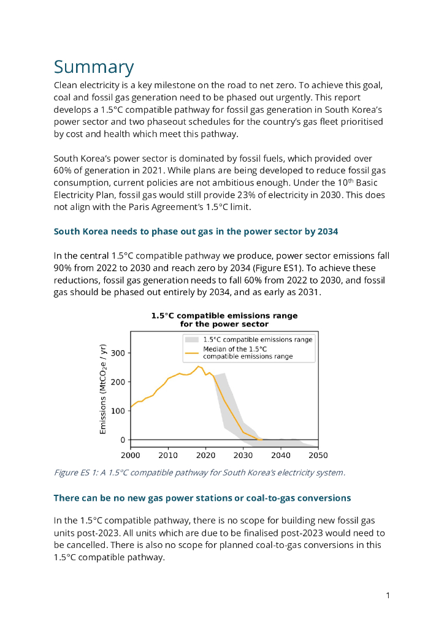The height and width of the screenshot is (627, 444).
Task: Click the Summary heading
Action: [x=94, y=67]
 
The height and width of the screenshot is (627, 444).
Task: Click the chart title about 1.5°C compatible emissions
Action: [x=224, y=320]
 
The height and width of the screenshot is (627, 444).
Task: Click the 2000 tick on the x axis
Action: [x=130, y=456]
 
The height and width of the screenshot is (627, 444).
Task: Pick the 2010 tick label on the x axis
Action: [x=167, y=456]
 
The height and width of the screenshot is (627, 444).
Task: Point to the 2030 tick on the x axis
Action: [x=243, y=456]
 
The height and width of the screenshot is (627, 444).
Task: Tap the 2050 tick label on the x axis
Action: [x=318, y=456]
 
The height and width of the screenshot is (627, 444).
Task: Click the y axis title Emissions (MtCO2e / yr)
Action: [x=103, y=389]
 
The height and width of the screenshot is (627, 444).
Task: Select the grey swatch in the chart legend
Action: [x=191, y=339]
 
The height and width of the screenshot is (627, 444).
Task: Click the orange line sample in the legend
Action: [x=191, y=352]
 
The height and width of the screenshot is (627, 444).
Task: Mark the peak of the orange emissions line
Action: [x=197, y=367]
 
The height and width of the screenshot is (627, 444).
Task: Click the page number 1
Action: [x=388, y=595]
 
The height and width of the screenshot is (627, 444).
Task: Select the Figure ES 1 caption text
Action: [x=199, y=472]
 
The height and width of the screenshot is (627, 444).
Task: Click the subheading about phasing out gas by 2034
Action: [x=196, y=231]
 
